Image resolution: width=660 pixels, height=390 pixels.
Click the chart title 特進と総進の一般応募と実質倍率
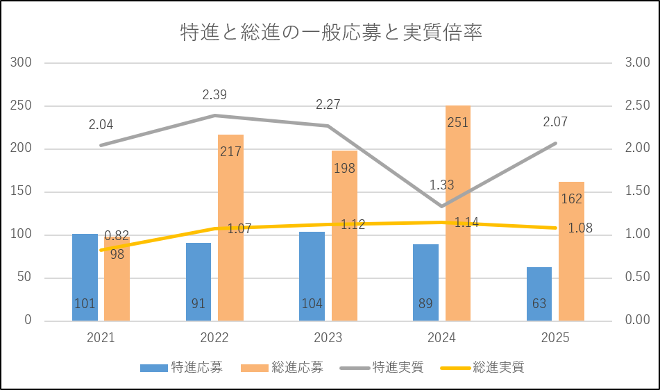(330, 33)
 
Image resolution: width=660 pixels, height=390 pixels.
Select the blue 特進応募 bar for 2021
(85, 278)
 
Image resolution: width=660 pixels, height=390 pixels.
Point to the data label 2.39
(214, 94)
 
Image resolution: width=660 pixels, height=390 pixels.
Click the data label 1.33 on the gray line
(441, 185)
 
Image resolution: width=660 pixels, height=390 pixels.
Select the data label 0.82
(117, 236)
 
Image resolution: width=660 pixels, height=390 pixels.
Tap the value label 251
(458, 123)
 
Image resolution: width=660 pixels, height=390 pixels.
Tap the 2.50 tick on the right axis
(636, 106)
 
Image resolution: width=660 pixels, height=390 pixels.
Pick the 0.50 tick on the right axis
(636, 278)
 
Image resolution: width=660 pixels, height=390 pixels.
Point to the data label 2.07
(555, 123)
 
